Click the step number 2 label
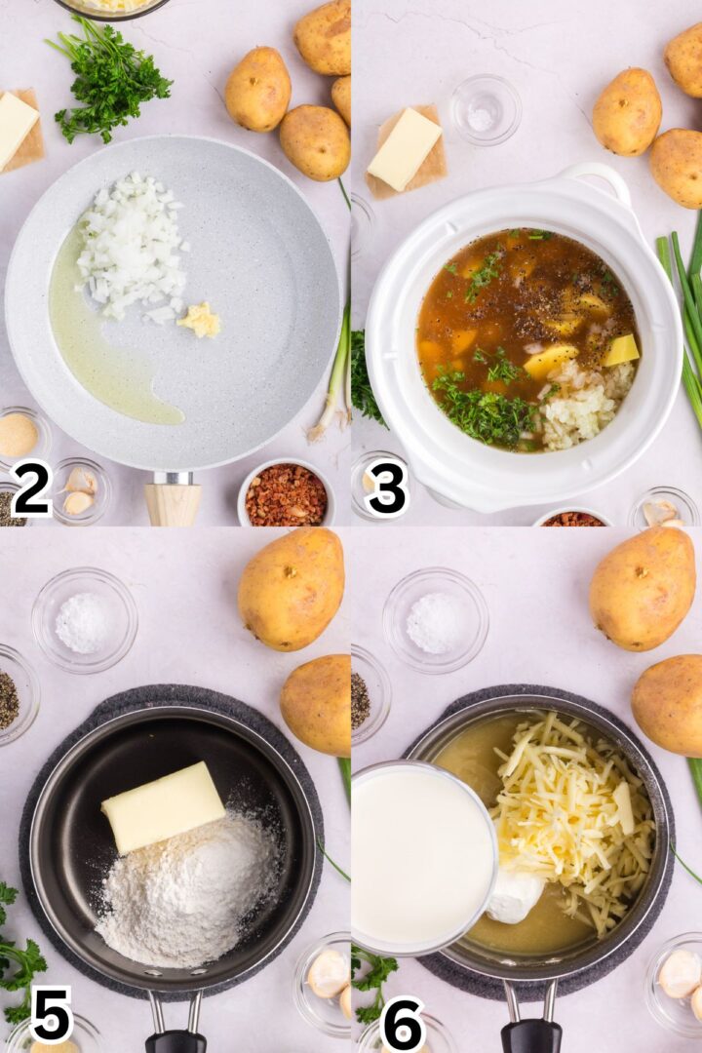(x=31, y=488)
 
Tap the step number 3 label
(x=386, y=488)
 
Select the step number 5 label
(x=51, y=1014)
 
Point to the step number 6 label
(x=403, y=1022)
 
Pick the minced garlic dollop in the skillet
(x=199, y=319)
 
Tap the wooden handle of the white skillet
(x=173, y=501)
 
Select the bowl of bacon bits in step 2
(x=286, y=494)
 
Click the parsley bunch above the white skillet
(x=109, y=78)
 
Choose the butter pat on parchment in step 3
(x=405, y=148)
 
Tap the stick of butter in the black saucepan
(x=163, y=806)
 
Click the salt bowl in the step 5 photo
(x=84, y=621)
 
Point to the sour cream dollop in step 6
(x=515, y=895)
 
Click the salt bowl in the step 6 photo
(x=435, y=621)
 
